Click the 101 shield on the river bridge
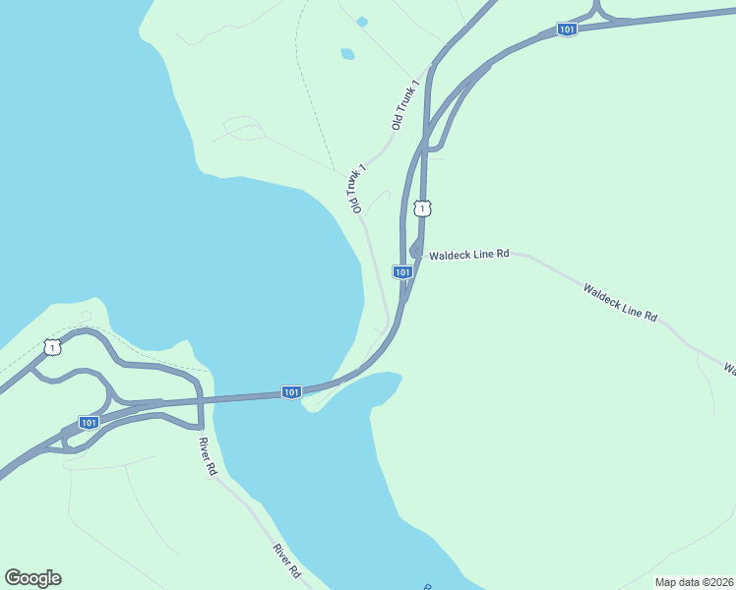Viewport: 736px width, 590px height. (x=291, y=391)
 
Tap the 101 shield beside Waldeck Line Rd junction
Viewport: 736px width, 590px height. (x=401, y=271)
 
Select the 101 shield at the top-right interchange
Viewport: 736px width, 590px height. (x=566, y=29)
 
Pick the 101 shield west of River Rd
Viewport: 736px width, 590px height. (x=89, y=422)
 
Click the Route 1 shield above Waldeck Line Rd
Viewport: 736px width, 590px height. (x=422, y=208)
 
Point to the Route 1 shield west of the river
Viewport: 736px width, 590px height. (x=52, y=347)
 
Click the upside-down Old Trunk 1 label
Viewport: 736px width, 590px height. (x=355, y=189)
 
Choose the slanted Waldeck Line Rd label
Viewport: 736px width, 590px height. (x=619, y=302)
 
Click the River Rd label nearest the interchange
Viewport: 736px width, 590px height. (x=206, y=456)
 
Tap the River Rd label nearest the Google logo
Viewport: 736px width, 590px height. (x=286, y=561)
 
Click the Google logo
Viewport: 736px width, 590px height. (x=32, y=578)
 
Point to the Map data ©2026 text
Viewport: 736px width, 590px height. (x=695, y=582)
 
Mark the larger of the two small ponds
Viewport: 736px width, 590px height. (x=347, y=54)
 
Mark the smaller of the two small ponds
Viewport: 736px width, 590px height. (x=362, y=22)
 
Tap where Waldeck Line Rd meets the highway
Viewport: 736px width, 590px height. (x=417, y=252)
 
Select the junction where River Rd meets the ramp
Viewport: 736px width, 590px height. (x=200, y=428)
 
